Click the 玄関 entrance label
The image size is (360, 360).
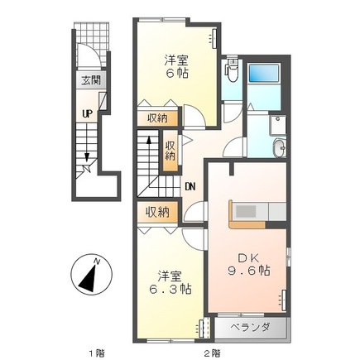(x=90, y=80)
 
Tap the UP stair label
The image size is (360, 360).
(x=86, y=113)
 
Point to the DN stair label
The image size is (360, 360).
(x=190, y=186)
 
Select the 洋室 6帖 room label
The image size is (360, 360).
(x=174, y=66)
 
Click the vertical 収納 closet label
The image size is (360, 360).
(x=170, y=151)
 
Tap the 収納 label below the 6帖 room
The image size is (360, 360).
(x=157, y=119)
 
